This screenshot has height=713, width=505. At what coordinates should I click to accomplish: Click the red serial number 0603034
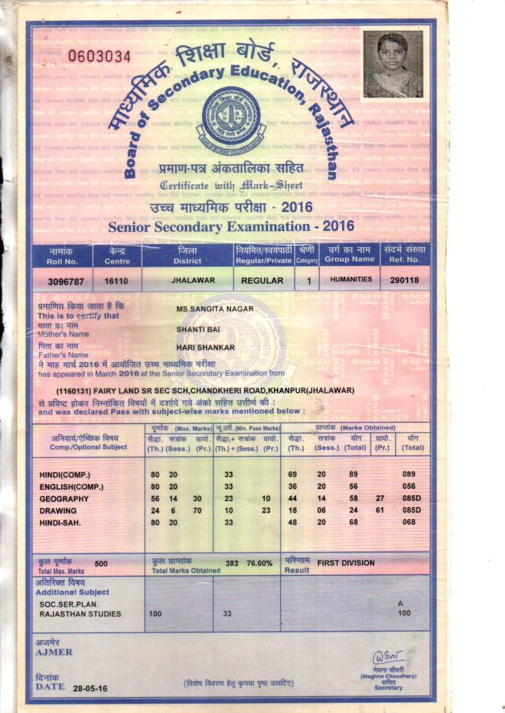(99, 57)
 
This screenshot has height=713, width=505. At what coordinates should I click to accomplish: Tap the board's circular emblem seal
(231, 117)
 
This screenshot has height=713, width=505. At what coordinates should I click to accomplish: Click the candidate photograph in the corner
(393, 64)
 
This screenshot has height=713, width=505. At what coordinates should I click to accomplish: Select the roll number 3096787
(66, 281)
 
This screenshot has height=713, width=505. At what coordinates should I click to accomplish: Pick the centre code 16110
(115, 281)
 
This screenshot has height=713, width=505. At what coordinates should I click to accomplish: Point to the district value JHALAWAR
(193, 280)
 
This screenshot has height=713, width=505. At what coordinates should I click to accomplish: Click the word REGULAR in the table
(262, 281)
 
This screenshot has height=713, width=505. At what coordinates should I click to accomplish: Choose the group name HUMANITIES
(351, 280)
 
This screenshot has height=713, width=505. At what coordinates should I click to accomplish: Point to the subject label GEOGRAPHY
(64, 499)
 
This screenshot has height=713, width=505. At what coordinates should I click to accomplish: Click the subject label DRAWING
(58, 510)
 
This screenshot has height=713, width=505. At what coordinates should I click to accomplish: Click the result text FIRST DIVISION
(346, 563)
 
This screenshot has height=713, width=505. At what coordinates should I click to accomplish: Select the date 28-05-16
(90, 689)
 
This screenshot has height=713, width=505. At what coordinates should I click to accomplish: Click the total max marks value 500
(101, 563)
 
